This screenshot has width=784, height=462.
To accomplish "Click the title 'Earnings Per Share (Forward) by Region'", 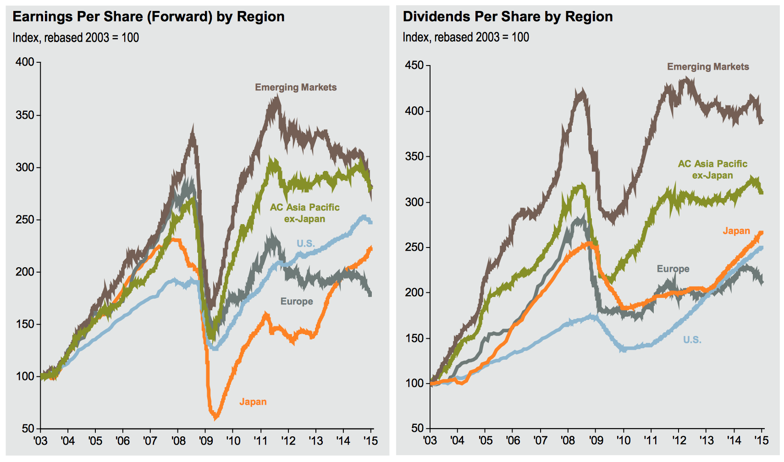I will [149, 17].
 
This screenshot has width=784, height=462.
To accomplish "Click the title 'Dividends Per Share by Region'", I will [508, 17].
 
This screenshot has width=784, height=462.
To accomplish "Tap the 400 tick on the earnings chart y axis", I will [25, 62].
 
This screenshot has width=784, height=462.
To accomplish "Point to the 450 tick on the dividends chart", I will [414, 66].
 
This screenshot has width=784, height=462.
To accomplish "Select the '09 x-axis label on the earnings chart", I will [206, 441].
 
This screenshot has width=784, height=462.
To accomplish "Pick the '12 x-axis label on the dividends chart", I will [679, 440].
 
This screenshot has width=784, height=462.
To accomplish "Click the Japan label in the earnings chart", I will [253, 402].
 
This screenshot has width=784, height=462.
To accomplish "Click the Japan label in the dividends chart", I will [736, 231].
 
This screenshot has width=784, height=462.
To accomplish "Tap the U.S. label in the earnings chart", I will [305, 243].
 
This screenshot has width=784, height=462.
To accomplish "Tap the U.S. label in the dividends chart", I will [692, 340].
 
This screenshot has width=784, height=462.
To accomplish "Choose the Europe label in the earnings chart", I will [297, 301].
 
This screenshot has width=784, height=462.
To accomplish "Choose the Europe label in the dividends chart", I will [673, 269].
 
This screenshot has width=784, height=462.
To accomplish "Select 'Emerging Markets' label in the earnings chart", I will [296, 87].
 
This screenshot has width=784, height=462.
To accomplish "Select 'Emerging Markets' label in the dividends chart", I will [708, 67].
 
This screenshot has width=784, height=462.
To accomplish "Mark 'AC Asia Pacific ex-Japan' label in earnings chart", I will [304, 213].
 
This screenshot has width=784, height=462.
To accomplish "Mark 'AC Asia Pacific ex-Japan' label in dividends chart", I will [712, 170].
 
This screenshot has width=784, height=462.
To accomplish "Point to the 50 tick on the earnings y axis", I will [28, 429].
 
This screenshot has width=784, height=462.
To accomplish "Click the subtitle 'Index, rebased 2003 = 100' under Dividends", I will [466, 38].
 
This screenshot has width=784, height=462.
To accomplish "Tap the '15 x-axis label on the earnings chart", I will [370, 441].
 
